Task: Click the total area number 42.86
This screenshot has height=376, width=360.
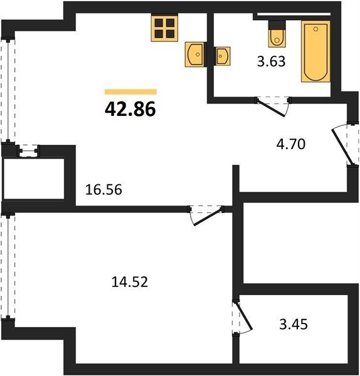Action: [130, 109]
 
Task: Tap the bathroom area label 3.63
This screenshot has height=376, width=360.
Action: [271, 61]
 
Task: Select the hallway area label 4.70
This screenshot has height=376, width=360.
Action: [290, 144]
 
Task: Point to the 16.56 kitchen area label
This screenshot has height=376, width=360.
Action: [103, 189]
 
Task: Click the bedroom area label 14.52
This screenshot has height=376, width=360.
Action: [130, 282]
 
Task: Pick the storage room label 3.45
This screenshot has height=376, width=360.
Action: [294, 324]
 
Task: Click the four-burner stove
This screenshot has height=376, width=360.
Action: [164, 28]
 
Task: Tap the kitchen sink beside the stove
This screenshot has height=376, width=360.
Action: [194, 55]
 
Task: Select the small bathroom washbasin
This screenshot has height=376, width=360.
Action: [223, 56]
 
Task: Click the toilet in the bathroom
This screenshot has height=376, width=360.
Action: [277, 34]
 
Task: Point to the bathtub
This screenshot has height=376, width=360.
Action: [315, 51]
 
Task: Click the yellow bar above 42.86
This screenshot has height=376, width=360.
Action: [130, 92]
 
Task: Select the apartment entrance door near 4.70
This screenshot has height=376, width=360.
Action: [345, 145]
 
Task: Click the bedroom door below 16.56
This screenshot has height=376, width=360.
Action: [206, 214]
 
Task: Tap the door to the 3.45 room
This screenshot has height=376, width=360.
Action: [242, 317]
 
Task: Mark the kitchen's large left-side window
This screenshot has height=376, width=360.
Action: [8, 90]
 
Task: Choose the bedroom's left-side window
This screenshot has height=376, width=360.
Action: [8, 267]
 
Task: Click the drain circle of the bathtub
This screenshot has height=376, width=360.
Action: [316, 29]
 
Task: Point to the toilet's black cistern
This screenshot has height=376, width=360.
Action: [277, 24]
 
